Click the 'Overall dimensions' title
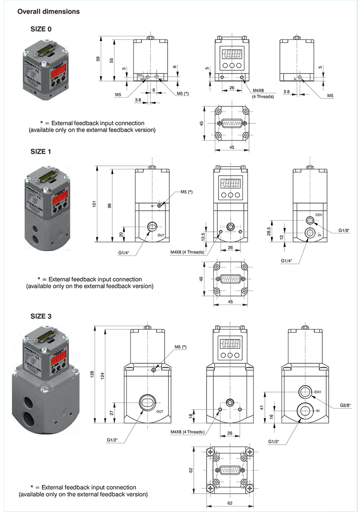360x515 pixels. click(48, 12)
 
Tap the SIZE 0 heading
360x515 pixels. click(42, 29)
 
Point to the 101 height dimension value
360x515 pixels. click(95, 204)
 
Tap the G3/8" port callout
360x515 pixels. click(345, 404)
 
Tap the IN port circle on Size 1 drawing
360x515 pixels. click(309, 234)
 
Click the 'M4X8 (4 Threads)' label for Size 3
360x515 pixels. click(188, 432)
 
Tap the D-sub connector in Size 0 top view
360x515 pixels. click(231, 123)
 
